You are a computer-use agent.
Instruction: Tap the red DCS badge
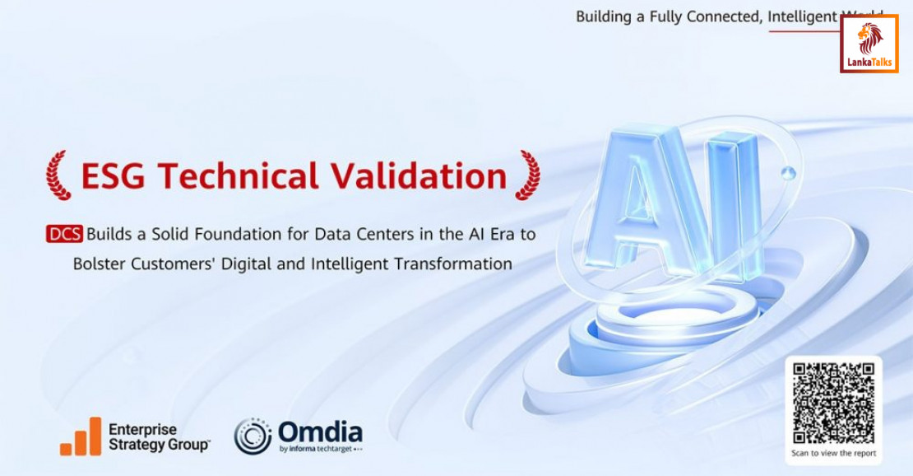(x=64, y=234)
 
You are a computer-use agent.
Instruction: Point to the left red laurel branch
(x=58, y=175)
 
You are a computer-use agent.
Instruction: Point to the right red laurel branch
(x=527, y=175)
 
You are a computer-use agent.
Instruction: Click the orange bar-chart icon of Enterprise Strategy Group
(x=81, y=436)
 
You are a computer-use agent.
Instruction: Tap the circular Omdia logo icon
(x=253, y=436)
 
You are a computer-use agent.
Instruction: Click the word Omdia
(x=320, y=432)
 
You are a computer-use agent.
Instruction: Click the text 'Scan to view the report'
(x=833, y=453)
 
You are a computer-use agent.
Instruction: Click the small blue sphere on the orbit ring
(x=789, y=172)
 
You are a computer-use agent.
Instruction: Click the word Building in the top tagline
(x=604, y=16)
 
